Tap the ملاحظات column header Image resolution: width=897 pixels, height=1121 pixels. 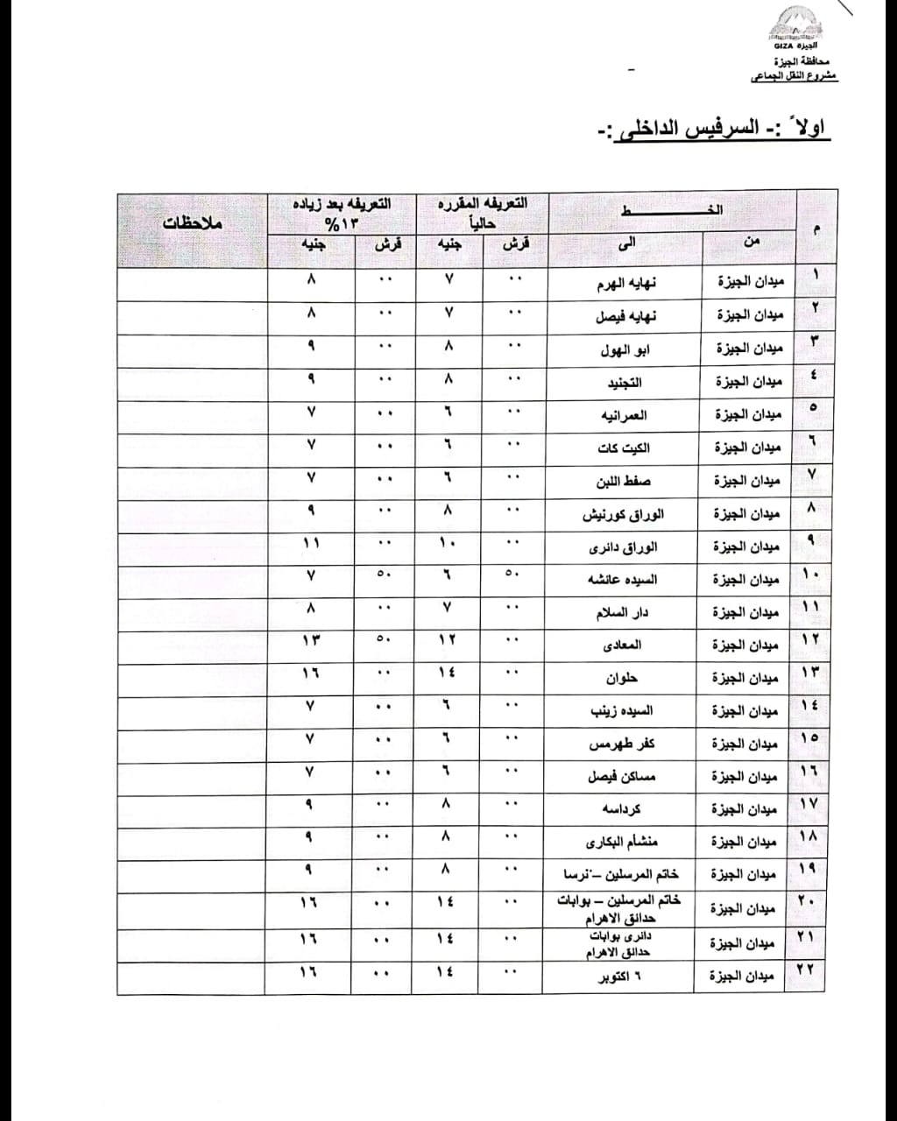coord(193,223)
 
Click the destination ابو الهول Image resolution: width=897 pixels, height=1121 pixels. coord(625,349)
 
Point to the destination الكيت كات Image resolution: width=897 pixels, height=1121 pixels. coord(623,448)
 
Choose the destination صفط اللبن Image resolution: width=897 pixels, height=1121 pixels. coord(623,481)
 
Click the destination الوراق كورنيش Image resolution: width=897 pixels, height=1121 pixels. coord(623,514)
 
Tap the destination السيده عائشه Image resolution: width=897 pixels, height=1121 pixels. coord(623,579)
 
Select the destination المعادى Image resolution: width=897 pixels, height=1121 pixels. coord(623,645)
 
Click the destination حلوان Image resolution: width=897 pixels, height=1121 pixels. coord(623,678)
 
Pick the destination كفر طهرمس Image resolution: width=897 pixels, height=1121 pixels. coord(623,744)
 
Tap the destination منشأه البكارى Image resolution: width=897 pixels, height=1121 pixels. coord(623,842)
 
